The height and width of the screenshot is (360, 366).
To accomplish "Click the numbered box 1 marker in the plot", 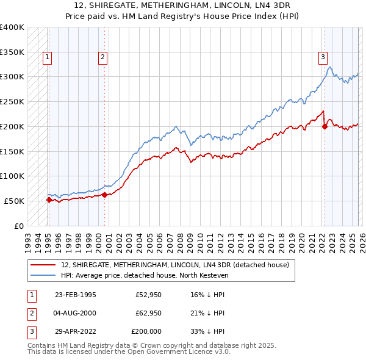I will point(47,58).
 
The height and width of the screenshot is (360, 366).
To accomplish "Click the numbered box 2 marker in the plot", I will point(102,58).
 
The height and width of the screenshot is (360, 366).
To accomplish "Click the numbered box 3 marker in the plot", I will point(323,58).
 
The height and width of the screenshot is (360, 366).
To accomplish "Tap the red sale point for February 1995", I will point(49,199).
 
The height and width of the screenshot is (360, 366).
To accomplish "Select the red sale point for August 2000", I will point(104,195).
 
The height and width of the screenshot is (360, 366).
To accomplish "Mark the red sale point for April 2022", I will point(325,126).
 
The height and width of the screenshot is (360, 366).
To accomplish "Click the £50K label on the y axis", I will point(14,201).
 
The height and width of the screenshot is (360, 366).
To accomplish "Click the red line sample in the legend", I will point(43,264).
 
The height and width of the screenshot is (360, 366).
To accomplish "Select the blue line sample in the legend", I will point(43,275).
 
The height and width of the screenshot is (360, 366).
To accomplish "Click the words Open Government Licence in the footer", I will point(176,352).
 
